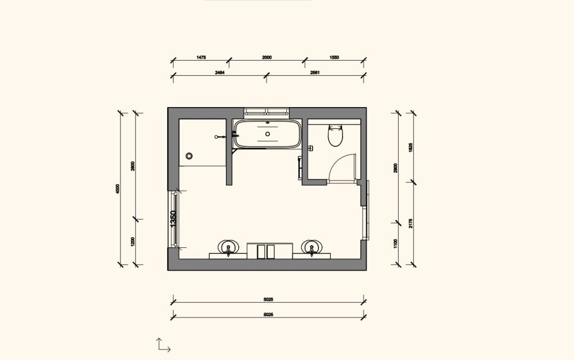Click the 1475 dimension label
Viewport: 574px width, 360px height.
(x=201, y=57)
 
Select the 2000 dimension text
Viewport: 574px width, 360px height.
(x=267, y=57)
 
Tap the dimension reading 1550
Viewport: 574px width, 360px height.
(x=334, y=57)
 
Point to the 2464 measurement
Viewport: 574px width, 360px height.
(x=219, y=72)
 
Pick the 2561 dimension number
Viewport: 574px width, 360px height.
(x=314, y=72)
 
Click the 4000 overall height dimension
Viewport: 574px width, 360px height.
(x=118, y=189)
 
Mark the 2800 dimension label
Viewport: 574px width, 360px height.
(x=133, y=166)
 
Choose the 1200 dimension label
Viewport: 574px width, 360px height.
(x=133, y=242)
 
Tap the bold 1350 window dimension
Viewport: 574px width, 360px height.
(x=173, y=219)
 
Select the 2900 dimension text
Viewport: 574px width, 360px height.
(x=396, y=168)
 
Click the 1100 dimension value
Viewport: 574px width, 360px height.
(x=396, y=243)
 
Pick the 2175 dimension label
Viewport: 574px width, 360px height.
(x=411, y=223)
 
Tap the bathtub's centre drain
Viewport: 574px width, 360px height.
(x=267, y=134)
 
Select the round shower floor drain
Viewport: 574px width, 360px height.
(x=189, y=156)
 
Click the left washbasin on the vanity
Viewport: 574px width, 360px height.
(x=228, y=247)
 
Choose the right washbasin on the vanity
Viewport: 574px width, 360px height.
(x=312, y=247)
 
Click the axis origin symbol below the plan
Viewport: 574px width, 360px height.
(x=163, y=345)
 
